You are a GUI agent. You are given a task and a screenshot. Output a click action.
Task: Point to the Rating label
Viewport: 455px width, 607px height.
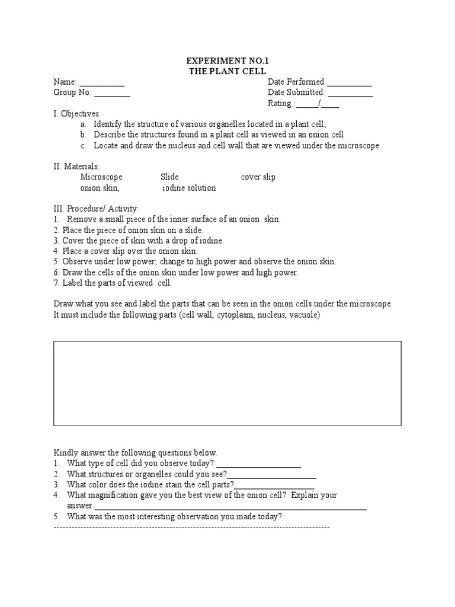(x=280, y=104)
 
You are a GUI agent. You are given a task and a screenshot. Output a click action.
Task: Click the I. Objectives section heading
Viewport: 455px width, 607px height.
(x=76, y=113)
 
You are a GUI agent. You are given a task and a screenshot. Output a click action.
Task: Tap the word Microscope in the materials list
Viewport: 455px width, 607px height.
(x=101, y=177)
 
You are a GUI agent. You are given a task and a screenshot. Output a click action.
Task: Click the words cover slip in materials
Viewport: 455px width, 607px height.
(x=258, y=177)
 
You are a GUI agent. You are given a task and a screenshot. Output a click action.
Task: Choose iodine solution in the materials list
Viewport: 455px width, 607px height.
(x=189, y=188)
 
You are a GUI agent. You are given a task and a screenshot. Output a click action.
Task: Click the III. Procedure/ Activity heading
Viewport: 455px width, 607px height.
(x=96, y=209)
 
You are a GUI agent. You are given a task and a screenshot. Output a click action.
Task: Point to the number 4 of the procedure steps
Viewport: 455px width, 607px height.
(x=56, y=251)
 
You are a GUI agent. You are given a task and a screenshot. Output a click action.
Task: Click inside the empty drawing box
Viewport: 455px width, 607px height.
(x=227, y=383)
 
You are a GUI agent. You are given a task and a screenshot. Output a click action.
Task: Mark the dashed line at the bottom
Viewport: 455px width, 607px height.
(x=191, y=527)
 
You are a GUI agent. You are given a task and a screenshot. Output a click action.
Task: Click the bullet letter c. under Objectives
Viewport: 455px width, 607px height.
(x=83, y=145)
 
